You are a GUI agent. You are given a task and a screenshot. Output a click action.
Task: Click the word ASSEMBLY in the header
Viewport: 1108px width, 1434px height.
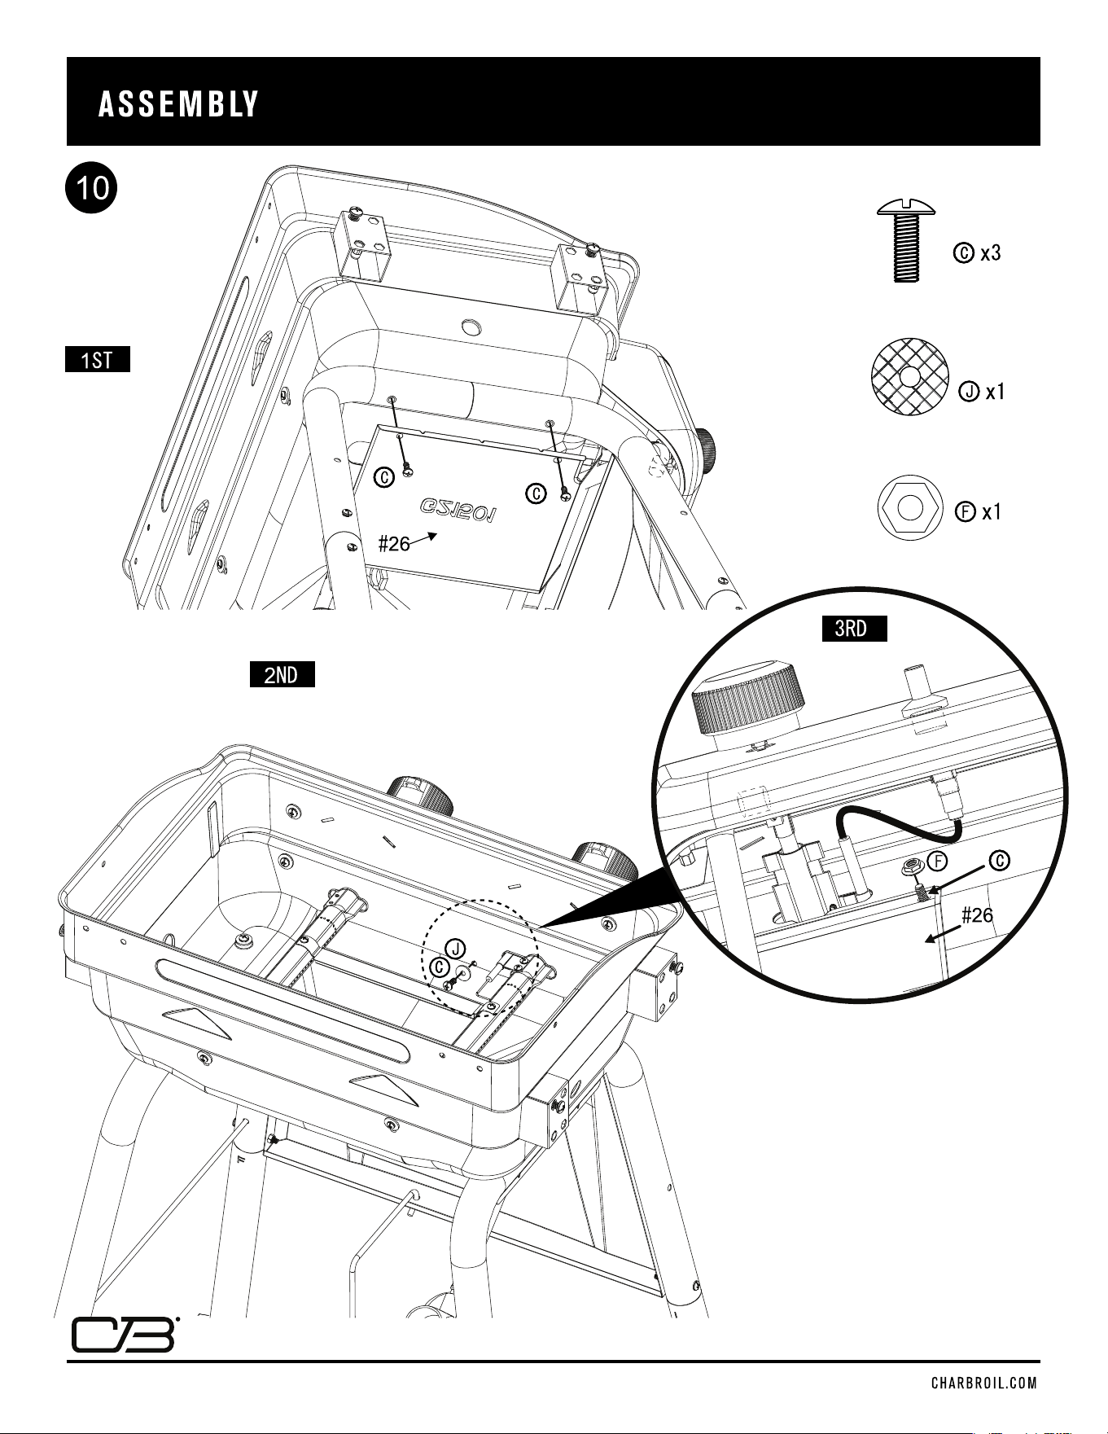178,105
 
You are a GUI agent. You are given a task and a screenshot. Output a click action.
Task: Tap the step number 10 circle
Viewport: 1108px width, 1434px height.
91,189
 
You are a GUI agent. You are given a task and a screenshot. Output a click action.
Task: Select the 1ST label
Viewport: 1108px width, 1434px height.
98,360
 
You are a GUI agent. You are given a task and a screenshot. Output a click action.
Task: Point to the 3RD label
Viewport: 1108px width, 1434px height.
854,629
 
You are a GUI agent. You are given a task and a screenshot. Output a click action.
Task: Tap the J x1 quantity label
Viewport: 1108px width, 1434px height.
982,392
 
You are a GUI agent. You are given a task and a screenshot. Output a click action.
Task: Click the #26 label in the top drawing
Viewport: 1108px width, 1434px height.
394,543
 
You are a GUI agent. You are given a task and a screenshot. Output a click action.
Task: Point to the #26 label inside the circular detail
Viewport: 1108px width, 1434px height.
977,915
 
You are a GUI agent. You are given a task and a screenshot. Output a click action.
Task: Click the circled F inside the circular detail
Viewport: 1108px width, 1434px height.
938,861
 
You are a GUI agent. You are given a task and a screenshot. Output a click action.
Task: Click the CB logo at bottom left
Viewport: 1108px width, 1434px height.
125,1335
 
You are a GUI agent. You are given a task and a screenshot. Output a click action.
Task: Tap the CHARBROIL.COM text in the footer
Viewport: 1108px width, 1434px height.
984,1384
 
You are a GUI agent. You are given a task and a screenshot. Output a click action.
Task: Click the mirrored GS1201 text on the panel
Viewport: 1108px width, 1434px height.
460,510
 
